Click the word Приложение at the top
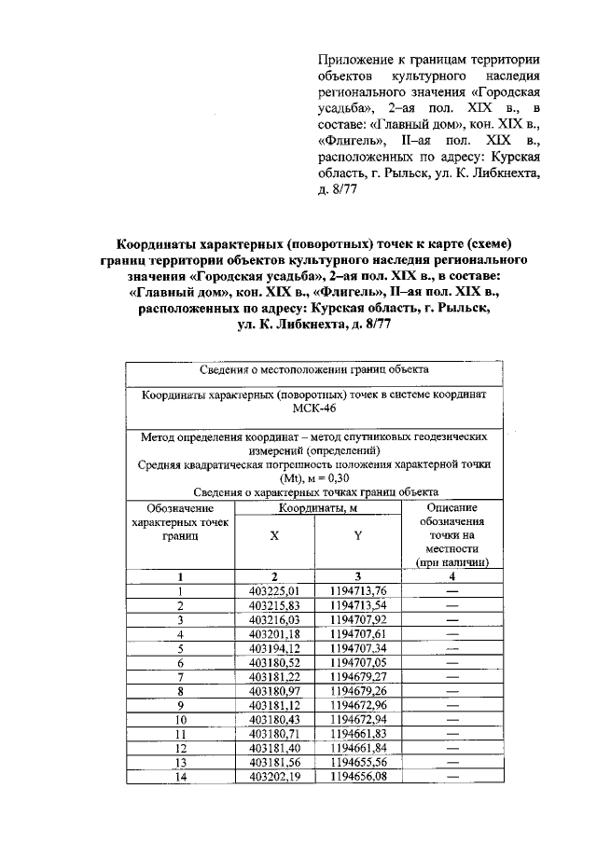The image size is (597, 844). tap(358, 60)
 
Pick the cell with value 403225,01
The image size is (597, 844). tap(274, 590)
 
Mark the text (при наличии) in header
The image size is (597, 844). tap(452, 562)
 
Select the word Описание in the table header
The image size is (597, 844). tap(452, 508)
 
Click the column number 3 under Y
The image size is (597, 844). tap(357, 576)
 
